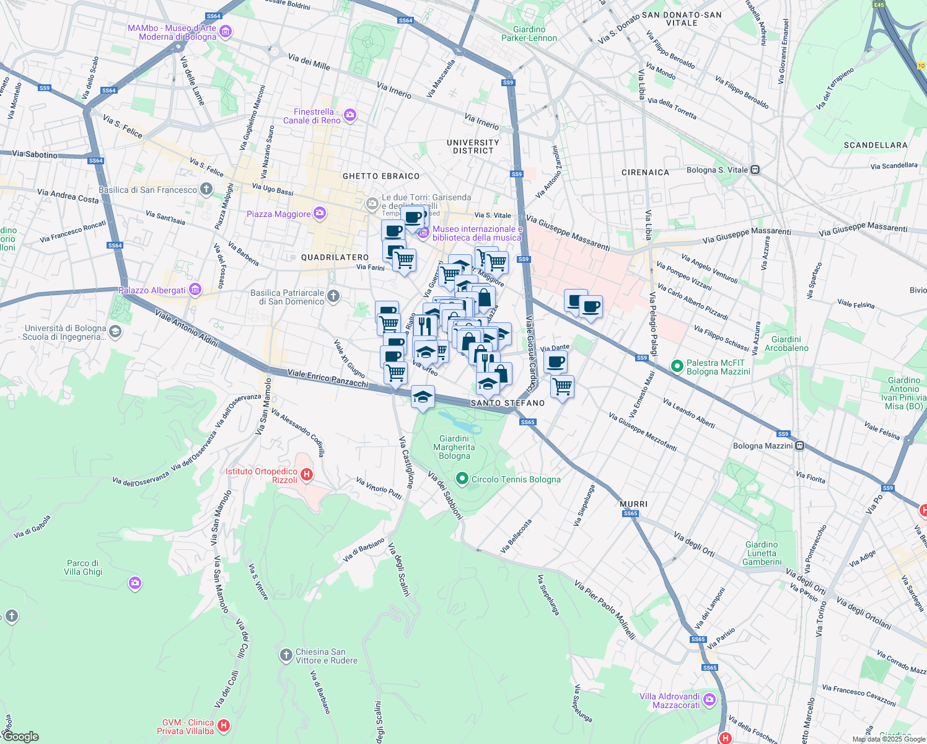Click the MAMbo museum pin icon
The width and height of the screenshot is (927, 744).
click(226, 32)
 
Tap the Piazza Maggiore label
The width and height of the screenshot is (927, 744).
click(278, 214)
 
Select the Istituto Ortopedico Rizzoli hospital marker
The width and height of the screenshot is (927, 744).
click(306, 475)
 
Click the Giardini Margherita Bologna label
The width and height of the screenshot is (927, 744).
click(454, 447)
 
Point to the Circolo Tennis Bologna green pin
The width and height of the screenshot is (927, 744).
click(462, 479)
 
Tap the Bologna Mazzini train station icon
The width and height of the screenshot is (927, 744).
click(800, 445)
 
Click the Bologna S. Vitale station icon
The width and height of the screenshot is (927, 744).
click(755, 169)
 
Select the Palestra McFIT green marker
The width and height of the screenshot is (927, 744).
click(677, 366)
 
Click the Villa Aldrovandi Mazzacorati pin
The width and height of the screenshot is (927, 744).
click(710, 700)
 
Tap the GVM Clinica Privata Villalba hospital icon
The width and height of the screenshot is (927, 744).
click(224, 725)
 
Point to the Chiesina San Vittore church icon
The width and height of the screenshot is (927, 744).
click(286, 655)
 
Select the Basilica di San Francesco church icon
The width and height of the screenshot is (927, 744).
click(206, 190)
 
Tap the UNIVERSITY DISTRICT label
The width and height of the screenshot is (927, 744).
click(473, 146)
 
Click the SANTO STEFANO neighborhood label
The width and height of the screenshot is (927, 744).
click(507, 403)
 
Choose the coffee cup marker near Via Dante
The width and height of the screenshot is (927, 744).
click(556, 361)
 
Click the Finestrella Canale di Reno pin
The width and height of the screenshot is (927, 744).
click(350, 115)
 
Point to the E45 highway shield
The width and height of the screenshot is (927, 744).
click(879, 5)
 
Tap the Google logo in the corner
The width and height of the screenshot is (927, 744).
click(20, 737)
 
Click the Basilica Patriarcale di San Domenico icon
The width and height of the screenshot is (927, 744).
click(333, 296)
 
